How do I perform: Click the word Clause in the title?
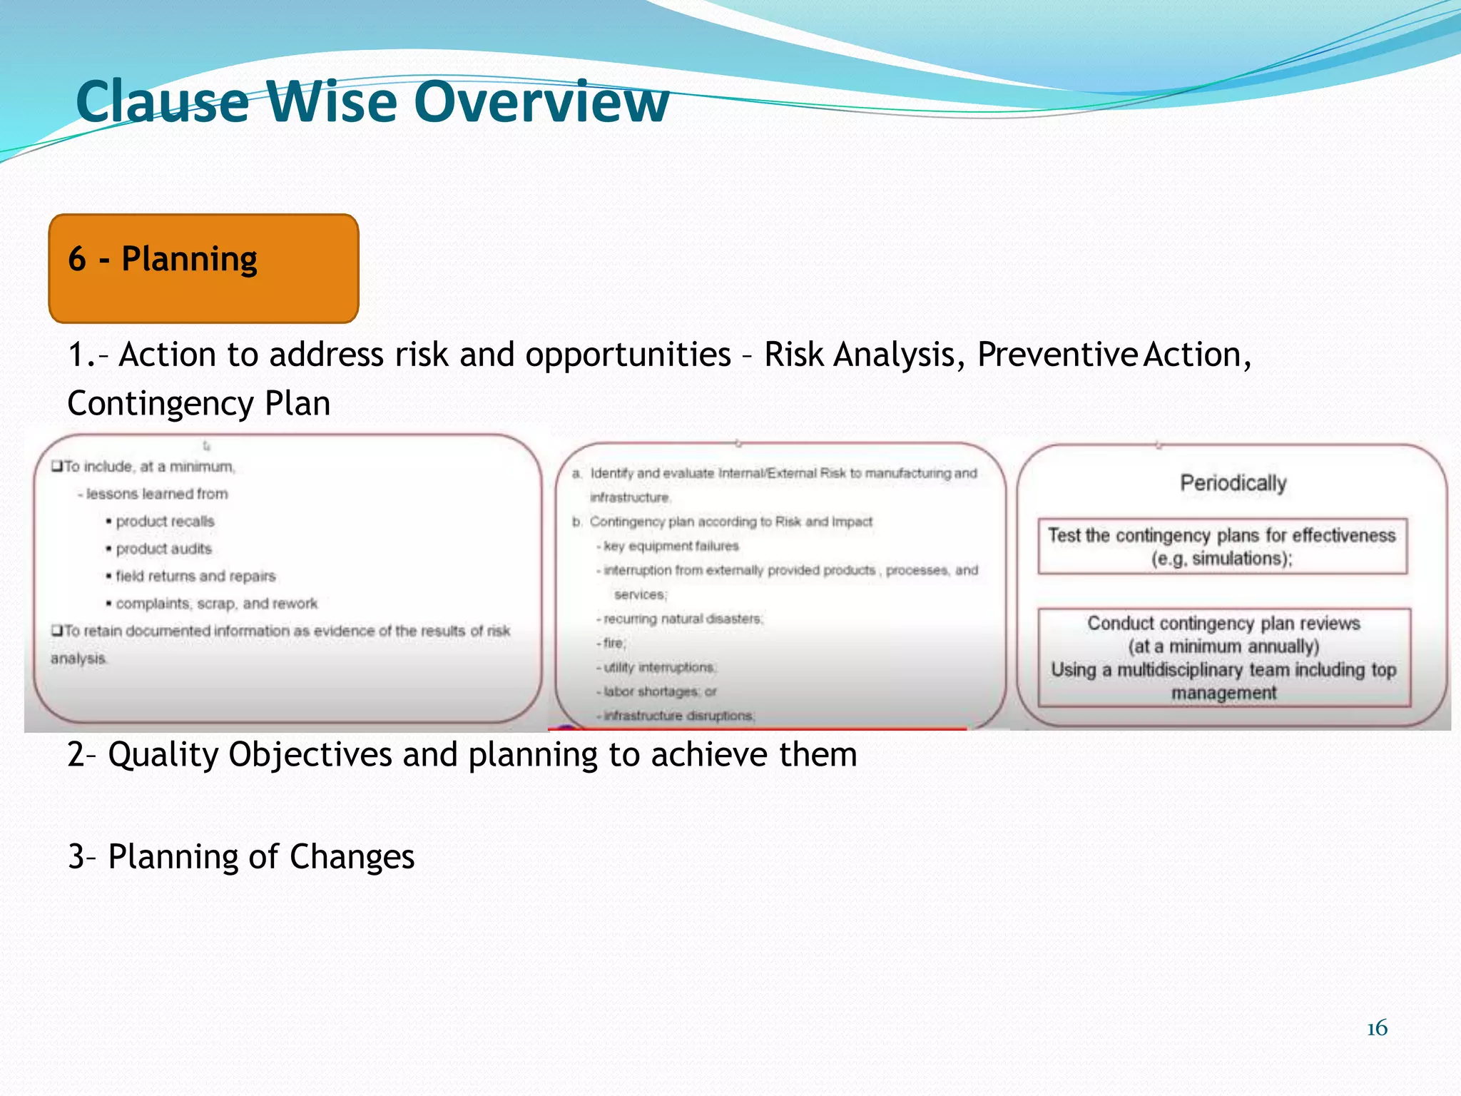pos(163,102)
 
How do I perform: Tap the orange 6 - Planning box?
pos(203,268)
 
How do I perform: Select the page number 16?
pos(1377,1028)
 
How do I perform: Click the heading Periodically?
pos(1233,483)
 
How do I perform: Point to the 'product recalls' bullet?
pos(165,522)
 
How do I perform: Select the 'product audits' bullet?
pos(163,549)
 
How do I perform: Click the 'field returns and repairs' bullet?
pos(195,576)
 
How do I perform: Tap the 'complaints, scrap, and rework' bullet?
pos(216,604)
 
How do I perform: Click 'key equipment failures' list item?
pos(671,546)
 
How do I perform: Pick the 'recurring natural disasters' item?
pos(683,619)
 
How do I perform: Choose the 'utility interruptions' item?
pos(659,667)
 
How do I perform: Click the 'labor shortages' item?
pos(659,691)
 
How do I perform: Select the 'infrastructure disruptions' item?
pos(678,716)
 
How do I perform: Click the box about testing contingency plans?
pos(1222,547)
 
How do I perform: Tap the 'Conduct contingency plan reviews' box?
pos(1223,657)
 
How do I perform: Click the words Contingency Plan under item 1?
pos(199,404)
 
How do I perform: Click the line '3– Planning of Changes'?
pos(241,857)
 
